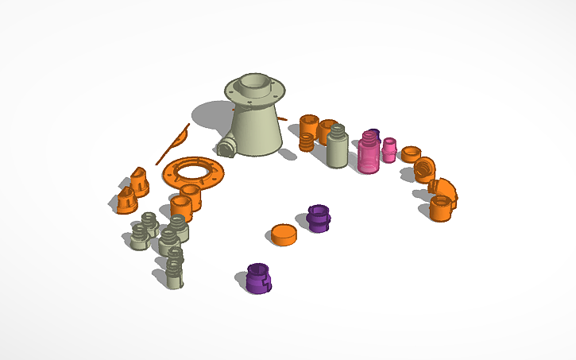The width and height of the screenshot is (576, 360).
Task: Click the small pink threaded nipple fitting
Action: point(389,149)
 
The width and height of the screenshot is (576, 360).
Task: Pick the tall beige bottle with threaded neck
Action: point(337,146)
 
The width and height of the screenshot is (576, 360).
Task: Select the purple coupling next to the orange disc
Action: point(318,218)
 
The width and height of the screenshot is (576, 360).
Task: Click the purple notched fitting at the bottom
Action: point(259,277)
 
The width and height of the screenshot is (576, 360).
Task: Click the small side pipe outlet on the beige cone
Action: point(225,147)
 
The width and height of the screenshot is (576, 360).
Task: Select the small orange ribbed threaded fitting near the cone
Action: point(307,142)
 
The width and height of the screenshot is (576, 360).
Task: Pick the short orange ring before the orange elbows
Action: point(411,153)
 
